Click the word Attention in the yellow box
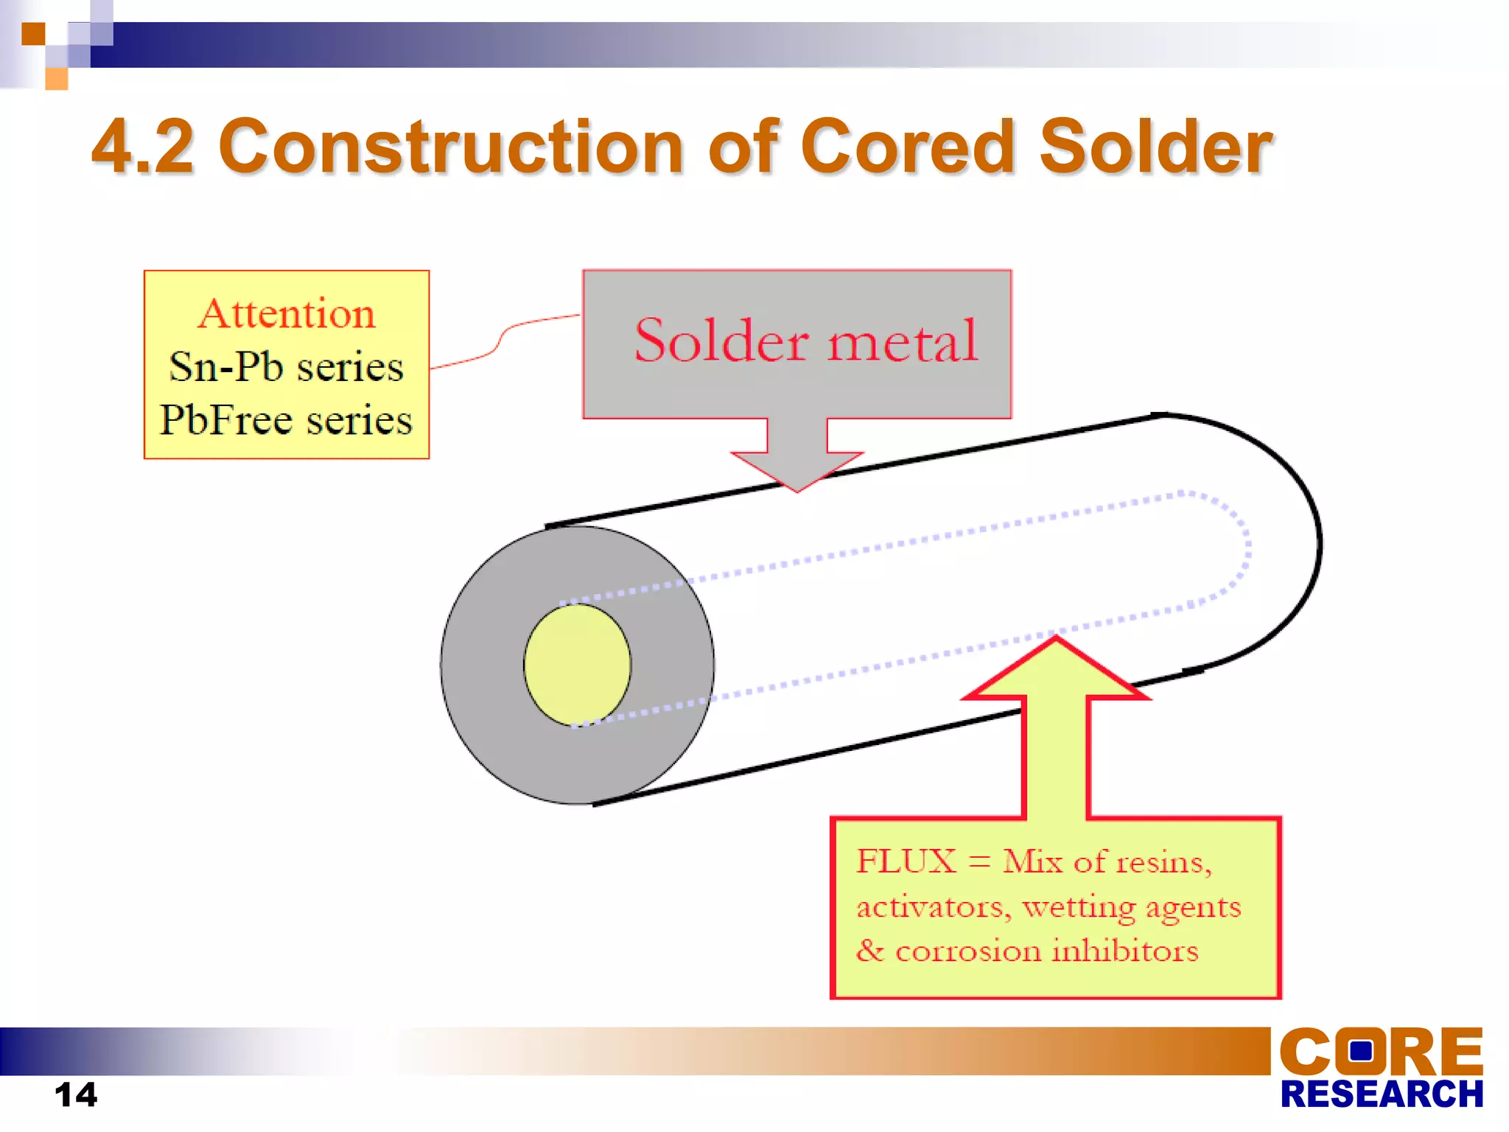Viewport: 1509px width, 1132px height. (287, 314)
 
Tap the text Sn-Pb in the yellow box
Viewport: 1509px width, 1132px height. (226, 367)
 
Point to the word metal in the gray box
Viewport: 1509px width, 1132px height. (903, 340)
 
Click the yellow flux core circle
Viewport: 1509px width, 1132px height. (577, 665)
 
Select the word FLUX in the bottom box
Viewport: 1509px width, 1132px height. (906, 862)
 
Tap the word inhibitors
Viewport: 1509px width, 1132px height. (1125, 951)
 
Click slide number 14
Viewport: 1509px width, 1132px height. (76, 1094)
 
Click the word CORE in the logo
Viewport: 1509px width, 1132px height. (1381, 1051)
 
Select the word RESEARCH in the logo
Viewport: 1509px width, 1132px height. (1382, 1094)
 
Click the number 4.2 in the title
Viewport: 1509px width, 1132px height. (143, 147)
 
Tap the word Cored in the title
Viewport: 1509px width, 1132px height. (908, 147)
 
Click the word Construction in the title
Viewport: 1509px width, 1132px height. (451, 147)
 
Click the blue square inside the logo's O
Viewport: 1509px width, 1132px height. (1360, 1050)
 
